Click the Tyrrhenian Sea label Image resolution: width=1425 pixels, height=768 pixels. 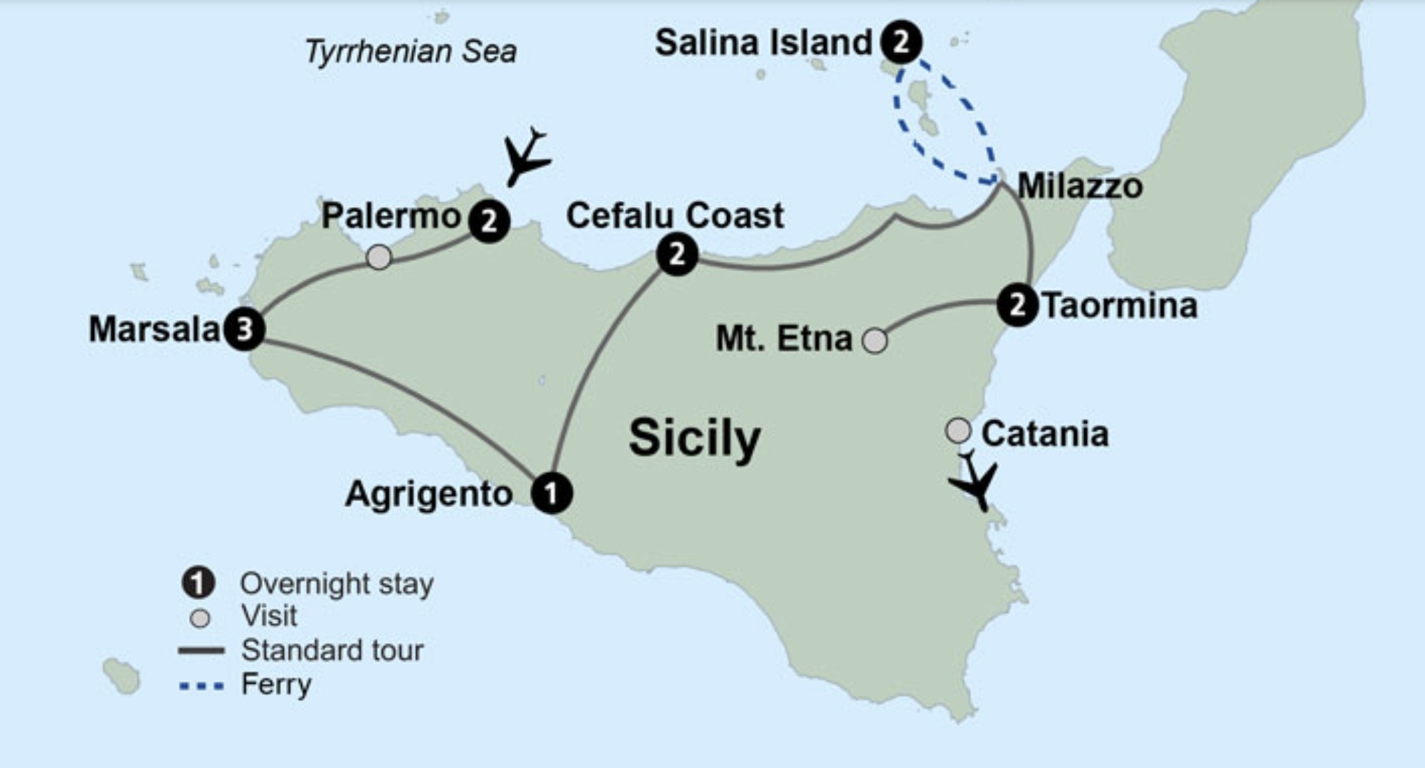click(411, 52)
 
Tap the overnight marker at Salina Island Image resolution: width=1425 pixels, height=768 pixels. click(901, 42)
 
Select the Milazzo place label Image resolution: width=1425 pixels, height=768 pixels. click(1080, 186)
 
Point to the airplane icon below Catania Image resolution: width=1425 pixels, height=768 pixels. click(975, 481)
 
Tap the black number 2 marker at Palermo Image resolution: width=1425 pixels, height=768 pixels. click(489, 221)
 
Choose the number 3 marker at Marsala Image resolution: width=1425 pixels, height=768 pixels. click(244, 329)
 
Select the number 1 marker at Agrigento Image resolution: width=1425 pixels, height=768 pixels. click(551, 493)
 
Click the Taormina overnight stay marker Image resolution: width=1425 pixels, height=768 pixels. click(1017, 305)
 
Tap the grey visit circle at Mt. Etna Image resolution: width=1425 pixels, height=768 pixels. click(875, 340)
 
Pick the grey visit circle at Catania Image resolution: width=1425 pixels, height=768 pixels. click(958, 430)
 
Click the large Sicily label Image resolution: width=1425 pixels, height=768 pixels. click(694, 438)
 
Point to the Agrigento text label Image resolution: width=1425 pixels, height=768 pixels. click(429, 494)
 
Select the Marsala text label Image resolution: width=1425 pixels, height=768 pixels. click(154, 329)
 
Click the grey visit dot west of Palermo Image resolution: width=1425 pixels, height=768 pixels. click(379, 257)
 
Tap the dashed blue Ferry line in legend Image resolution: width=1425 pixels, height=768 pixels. click(201, 686)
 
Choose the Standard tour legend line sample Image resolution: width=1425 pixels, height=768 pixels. click(201, 651)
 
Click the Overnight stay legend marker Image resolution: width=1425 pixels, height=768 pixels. click(199, 583)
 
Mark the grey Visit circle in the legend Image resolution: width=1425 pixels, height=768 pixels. click(200, 618)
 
